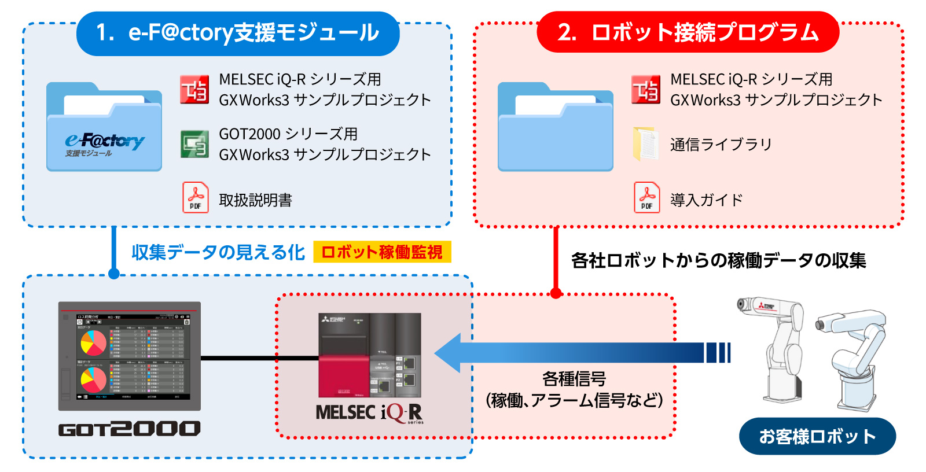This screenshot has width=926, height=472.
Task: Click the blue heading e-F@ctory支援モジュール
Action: [x=237, y=33]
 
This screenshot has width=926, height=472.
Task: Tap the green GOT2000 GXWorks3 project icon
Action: [x=194, y=144]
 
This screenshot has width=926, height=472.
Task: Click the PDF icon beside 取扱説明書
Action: [x=196, y=198]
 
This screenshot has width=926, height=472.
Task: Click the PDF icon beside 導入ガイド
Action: [x=646, y=198]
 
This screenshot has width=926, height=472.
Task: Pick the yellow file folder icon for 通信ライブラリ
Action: [x=645, y=144]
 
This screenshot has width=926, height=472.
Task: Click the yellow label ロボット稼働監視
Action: [x=382, y=252]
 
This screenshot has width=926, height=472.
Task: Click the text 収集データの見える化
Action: [x=218, y=252]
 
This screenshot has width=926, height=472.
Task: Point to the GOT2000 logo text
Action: [x=129, y=429]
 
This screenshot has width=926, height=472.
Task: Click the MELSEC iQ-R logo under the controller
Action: [x=369, y=412]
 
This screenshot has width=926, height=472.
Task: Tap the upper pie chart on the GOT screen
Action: [x=93, y=342]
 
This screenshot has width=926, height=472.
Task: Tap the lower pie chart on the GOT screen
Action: [x=93, y=380]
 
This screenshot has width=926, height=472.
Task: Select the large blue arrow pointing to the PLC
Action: [x=579, y=352]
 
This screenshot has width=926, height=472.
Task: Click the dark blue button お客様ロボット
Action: [x=817, y=436]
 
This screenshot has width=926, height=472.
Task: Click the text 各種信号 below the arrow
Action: [x=574, y=379]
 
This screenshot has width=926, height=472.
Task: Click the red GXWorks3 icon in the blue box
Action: [x=194, y=90]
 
